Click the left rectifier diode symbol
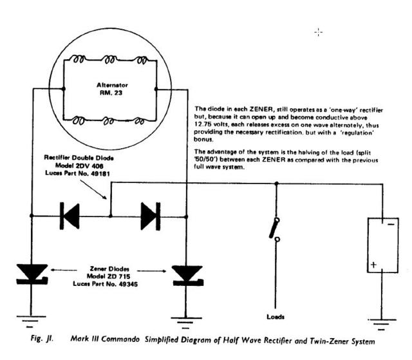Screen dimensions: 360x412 pyautogui.click(x=69, y=216)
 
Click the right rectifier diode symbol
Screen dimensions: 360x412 pyautogui.click(x=150, y=216)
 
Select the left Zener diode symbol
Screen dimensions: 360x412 pyautogui.click(x=32, y=274)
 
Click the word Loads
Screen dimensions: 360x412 pyautogui.click(x=276, y=317)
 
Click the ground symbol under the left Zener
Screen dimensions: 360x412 pyautogui.click(x=32, y=317)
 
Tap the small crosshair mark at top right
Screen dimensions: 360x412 pyautogui.click(x=318, y=32)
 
